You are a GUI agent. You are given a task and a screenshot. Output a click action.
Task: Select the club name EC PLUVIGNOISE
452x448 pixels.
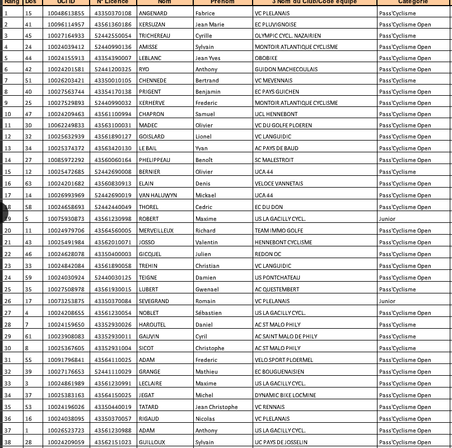[276, 25]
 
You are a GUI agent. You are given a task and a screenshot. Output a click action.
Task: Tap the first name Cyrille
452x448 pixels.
[203, 36]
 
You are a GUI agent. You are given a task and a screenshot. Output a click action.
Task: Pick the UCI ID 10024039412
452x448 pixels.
[66, 47]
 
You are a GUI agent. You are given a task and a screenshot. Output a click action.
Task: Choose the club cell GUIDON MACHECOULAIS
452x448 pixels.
[286, 69]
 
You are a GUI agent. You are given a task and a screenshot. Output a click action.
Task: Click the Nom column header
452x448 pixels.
[164, 2]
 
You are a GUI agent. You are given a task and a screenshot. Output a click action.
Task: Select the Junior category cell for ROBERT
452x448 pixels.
[387, 219]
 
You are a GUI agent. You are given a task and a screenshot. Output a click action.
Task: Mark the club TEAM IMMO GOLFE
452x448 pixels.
[279, 231]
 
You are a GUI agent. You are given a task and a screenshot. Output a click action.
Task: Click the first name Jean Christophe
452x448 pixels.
[216, 407]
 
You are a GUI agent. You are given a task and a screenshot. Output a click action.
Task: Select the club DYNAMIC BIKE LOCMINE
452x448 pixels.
[285, 395]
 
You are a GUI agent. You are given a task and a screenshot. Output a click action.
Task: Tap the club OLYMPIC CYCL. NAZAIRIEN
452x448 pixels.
[288, 36]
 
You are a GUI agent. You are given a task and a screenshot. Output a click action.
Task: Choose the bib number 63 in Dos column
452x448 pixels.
[29, 184]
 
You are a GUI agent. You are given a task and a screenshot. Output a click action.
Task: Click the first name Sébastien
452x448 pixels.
[208, 313]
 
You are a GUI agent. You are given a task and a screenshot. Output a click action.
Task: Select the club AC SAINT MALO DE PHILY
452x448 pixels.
[286, 337]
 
